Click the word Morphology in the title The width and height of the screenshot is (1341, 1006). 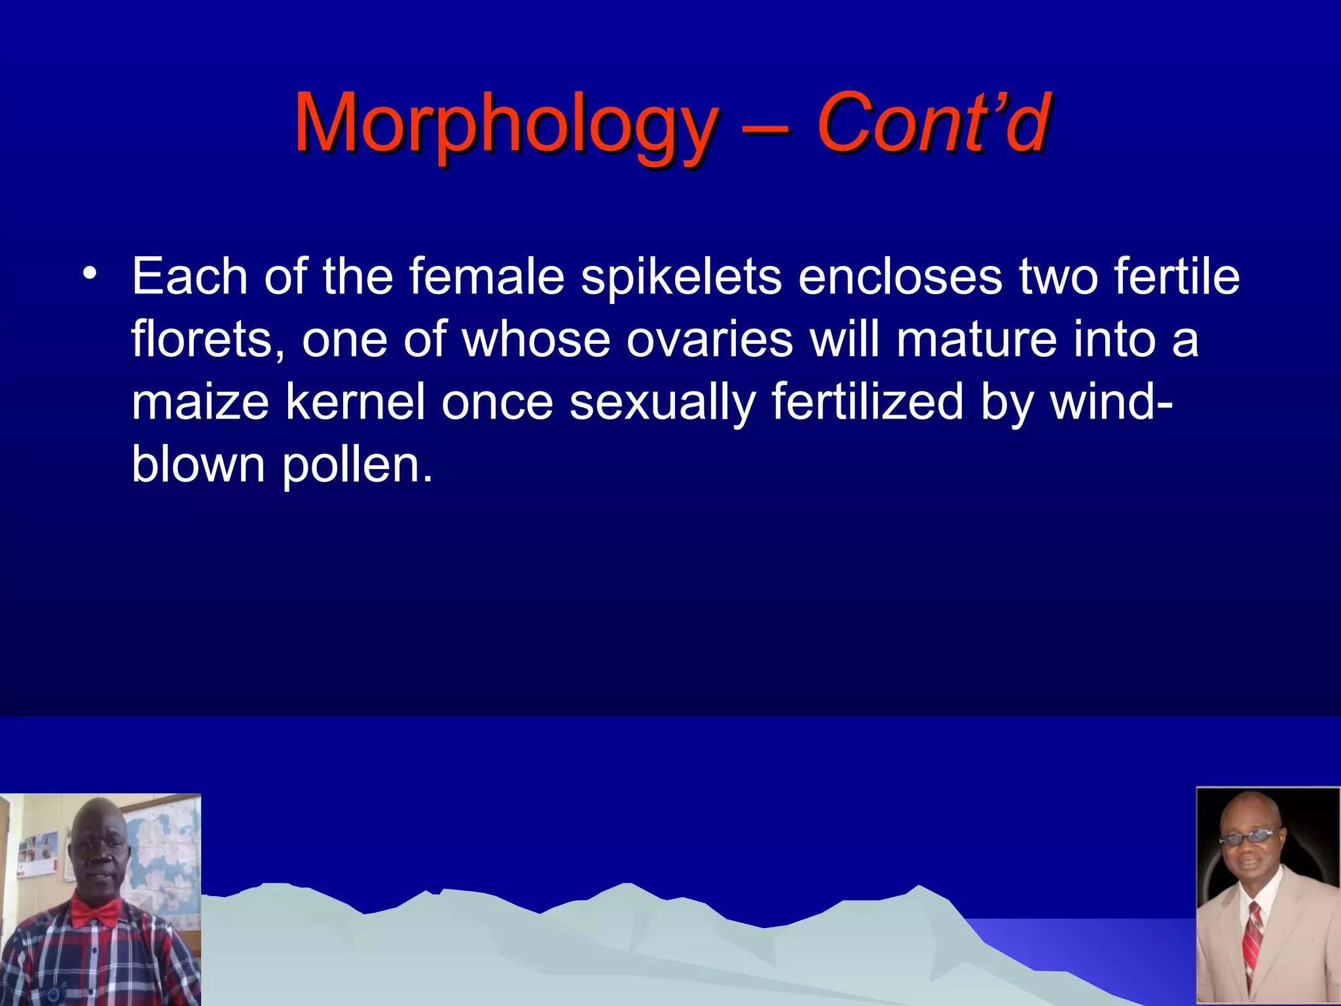click(505, 124)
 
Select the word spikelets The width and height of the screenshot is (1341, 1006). click(680, 277)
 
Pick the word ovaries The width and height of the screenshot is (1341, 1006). click(709, 339)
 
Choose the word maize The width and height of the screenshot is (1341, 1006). click(200, 401)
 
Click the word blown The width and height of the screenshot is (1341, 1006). click(198, 464)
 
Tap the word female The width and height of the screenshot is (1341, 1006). click(487, 276)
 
